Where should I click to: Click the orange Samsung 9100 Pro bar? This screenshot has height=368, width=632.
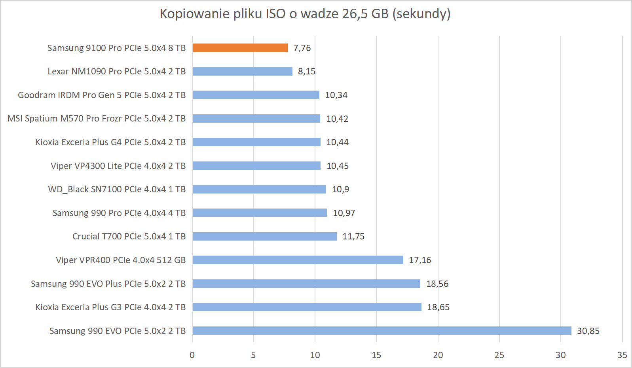click(x=240, y=48)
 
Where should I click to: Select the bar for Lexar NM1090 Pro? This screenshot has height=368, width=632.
click(x=242, y=71)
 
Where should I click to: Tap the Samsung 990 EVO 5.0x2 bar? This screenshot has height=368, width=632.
click(x=381, y=331)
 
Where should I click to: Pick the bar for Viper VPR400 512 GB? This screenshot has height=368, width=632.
click(x=298, y=260)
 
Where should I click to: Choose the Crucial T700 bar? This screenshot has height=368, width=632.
click(x=264, y=236)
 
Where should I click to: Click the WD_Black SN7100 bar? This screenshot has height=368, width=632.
click(x=259, y=189)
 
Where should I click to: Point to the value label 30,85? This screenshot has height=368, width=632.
click(x=588, y=331)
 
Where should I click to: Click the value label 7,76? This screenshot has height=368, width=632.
click(x=302, y=48)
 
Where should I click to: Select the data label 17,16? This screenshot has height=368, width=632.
click(x=420, y=260)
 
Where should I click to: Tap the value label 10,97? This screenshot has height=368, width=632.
click(x=344, y=213)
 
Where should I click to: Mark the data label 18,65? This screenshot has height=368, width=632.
click(x=438, y=307)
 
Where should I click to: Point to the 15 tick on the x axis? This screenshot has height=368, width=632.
click(x=376, y=355)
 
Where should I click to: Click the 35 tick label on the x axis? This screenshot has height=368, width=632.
click(x=622, y=355)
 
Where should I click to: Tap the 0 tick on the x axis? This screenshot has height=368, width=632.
click(x=192, y=355)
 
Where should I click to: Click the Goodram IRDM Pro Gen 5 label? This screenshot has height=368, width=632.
click(x=102, y=95)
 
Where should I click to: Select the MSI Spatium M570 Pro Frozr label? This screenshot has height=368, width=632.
click(x=97, y=118)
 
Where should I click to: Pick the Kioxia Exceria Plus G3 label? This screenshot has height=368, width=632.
click(x=110, y=307)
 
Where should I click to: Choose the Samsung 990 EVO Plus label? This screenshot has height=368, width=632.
click(x=108, y=284)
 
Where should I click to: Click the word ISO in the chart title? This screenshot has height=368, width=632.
click(x=275, y=13)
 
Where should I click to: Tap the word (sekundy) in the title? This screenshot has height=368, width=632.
click(x=421, y=13)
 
